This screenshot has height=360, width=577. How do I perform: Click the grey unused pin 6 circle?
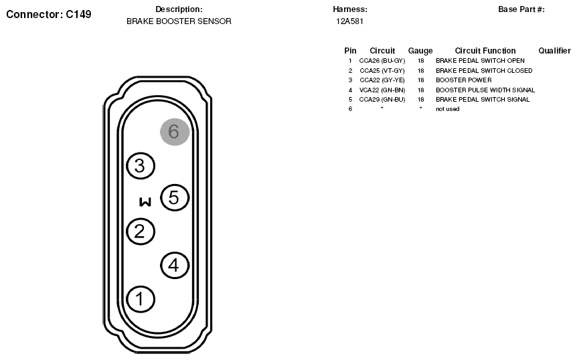click(x=175, y=132)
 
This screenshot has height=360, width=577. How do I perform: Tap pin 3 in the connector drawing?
click(x=141, y=166)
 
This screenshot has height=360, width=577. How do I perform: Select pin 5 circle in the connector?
click(x=175, y=198)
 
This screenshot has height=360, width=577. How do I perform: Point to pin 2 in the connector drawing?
click(x=141, y=232)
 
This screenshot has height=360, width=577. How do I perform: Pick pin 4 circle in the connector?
click(x=175, y=265)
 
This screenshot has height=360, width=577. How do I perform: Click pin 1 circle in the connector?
click(x=141, y=299)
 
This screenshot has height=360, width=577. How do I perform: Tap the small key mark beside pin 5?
click(x=145, y=202)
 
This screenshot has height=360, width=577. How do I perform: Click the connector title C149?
click(x=78, y=14)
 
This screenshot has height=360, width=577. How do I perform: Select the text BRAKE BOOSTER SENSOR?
click(x=179, y=21)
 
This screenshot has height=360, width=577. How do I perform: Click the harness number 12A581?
click(x=349, y=21)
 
